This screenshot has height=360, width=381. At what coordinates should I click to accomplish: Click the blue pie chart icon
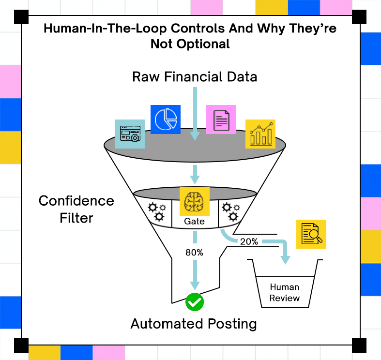(x=166, y=120)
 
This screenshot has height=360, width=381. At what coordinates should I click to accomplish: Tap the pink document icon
(x=221, y=120)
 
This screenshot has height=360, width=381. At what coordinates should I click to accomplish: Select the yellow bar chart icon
(x=260, y=134)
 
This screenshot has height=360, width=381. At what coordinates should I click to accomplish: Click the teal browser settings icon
(x=130, y=134)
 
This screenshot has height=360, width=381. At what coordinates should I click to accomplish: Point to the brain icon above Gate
(x=195, y=201)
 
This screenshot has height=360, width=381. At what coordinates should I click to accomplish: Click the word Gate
(x=195, y=221)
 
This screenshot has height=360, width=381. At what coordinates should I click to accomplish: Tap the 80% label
(x=195, y=253)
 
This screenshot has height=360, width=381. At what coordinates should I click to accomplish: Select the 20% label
(x=249, y=241)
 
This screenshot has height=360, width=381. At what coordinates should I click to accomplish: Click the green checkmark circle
(x=195, y=302)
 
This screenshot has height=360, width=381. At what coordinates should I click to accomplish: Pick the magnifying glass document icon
(x=311, y=234)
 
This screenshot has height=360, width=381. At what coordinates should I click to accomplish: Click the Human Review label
(x=285, y=292)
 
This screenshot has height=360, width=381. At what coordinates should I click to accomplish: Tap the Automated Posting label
(x=194, y=324)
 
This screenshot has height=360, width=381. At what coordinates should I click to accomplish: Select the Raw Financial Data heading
(x=195, y=77)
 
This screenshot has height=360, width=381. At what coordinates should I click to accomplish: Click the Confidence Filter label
(x=76, y=209)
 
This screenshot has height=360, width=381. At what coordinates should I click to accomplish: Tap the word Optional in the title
(x=203, y=44)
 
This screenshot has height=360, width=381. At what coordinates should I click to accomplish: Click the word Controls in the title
(x=198, y=28)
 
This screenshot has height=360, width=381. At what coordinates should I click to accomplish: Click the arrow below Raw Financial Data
(x=195, y=114)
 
